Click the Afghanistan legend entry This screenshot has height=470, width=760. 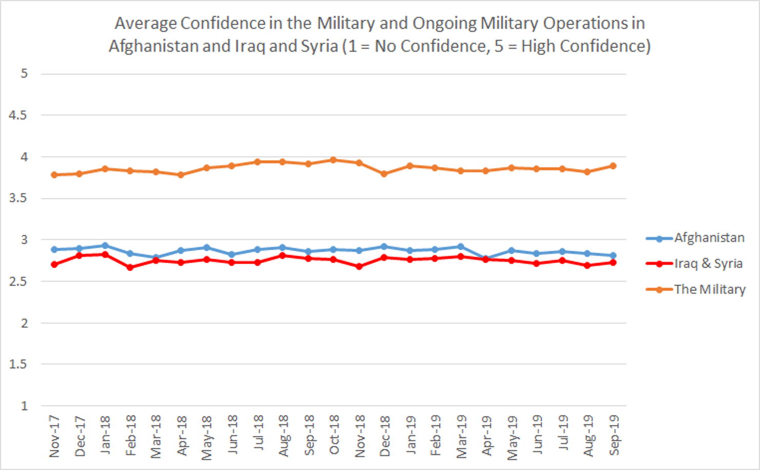point(709,238)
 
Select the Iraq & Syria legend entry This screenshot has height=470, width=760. point(708,264)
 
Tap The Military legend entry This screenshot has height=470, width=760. point(709,289)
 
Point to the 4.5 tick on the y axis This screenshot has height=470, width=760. point(18,116)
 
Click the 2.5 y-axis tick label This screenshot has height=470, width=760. point(18,281)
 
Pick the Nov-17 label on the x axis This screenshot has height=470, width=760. point(54,437)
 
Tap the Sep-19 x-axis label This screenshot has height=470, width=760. point(614,436)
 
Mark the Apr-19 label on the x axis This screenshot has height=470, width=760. point(487,436)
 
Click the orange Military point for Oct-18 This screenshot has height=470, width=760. point(333,160)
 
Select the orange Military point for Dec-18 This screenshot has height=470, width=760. point(384,174)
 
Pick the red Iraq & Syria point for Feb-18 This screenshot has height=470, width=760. point(130,267)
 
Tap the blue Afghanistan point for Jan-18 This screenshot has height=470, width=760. point(105,246)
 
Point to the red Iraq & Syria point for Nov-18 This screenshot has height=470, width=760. point(359,266)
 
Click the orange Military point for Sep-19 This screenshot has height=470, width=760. point(613,166)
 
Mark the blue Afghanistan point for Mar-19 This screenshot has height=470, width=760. point(461,247)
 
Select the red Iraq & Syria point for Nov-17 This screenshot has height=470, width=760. point(54,265)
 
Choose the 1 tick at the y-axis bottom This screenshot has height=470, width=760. point(24,406)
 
